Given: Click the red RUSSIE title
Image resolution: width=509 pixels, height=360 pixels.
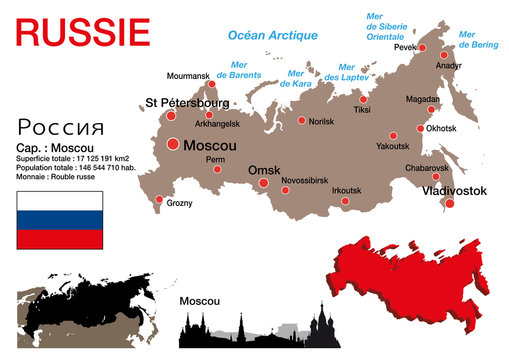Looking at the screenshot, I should coord(83,32).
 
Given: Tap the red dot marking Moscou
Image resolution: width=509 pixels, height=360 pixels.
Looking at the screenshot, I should coord(173,144).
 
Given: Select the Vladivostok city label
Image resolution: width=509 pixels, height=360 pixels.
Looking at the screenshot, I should coord(445,189).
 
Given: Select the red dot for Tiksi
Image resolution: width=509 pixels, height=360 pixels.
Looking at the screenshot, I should coord(363,100).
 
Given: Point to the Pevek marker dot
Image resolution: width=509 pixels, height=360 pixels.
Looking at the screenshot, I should coord(423,47).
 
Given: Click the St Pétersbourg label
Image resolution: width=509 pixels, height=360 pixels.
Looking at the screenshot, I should coord(187,102).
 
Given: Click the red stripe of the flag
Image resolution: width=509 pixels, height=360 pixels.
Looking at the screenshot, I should coord(59,240).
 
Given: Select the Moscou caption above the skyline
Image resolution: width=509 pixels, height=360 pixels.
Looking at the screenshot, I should coord(199,301).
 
